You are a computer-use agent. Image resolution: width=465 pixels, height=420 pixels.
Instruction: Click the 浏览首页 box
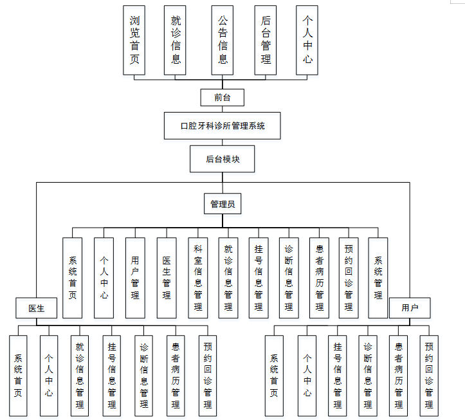tap(135, 40)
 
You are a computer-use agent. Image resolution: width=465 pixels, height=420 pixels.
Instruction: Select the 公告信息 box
tap(223, 40)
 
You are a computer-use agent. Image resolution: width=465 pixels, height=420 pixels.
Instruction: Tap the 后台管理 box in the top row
tap(266, 40)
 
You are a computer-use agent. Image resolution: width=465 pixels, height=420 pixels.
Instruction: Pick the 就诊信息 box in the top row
tap(176, 40)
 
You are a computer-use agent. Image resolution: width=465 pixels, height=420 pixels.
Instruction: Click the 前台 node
tap(223, 98)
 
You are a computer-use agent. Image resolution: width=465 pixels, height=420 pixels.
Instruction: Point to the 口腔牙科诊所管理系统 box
tap(223, 125)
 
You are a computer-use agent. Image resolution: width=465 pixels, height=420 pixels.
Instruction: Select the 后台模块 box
tap(223, 159)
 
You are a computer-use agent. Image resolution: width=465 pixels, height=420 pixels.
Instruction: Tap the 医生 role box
tap(37, 308)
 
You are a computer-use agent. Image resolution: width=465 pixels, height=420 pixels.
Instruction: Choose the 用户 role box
tap(410, 308)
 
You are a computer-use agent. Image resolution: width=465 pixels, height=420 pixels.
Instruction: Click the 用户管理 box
tap(135, 278)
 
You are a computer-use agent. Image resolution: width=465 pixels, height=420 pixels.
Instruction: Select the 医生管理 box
tap(167, 278)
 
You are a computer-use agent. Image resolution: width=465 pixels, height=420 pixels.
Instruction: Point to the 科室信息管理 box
tap(198, 278)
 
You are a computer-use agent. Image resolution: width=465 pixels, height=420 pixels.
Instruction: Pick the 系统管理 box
tap(378, 278)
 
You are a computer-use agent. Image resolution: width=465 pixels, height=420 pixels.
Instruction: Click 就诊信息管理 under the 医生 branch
tap(80, 376)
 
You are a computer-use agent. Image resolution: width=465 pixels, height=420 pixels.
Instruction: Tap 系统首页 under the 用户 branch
tap(274, 376)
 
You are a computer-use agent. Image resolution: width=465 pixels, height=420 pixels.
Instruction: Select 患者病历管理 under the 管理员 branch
tap(319, 278)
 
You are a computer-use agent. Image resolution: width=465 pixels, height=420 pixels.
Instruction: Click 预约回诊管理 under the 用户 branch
tap(429, 376)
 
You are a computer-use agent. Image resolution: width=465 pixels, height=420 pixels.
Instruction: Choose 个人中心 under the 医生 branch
tap(49, 376)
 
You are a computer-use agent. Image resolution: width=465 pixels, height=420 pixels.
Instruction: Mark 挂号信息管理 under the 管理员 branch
tap(259, 278)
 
